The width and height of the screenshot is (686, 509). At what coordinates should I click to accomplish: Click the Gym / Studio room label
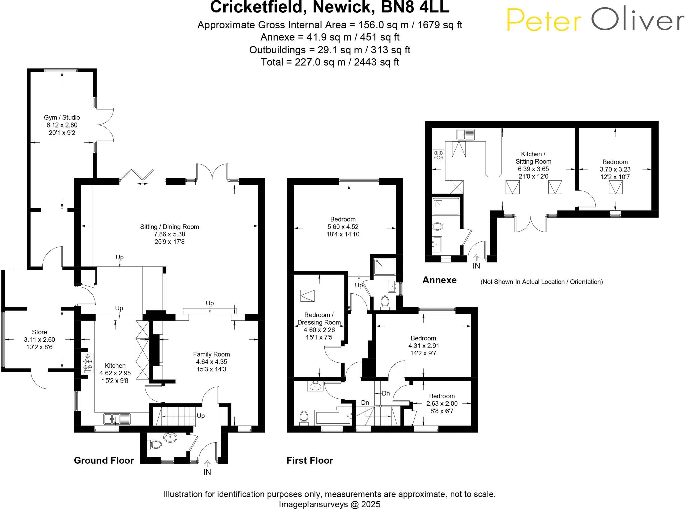point(62,117)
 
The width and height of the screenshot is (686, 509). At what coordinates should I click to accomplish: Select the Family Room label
point(211,354)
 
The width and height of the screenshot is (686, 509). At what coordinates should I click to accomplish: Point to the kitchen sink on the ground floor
point(117,419)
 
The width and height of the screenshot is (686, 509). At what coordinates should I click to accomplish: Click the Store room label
point(40,332)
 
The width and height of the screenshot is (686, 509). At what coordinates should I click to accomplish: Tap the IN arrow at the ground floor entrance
point(207,464)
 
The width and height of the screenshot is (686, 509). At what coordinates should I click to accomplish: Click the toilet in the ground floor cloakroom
point(155,445)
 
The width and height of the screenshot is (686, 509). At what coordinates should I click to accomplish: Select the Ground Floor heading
point(104,460)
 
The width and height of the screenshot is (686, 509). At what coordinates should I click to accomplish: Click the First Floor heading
point(310,460)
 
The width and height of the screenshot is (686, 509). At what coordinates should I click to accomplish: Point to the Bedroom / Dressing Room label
point(319,319)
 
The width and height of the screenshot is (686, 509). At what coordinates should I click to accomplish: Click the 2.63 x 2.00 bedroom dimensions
point(442,403)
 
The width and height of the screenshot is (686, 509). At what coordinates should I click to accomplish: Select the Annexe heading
point(439,280)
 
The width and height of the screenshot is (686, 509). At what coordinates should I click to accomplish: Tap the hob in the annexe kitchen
point(438,155)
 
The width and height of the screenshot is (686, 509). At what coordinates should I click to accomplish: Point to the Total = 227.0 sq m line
point(330,62)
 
